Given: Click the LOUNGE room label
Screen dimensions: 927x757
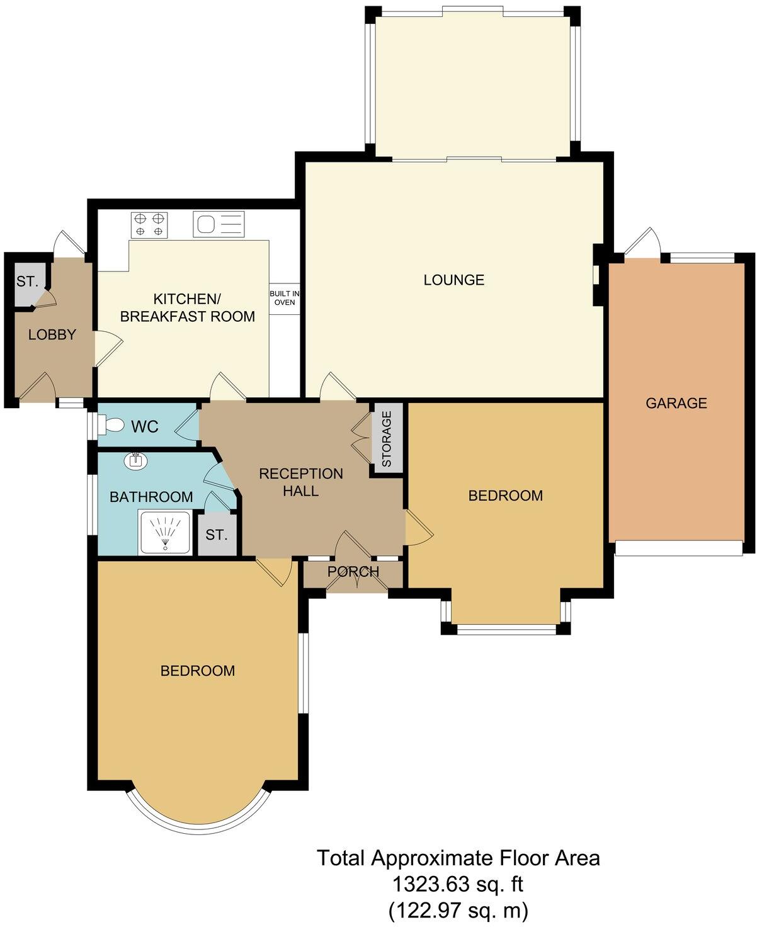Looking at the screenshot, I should (x=453, y=280).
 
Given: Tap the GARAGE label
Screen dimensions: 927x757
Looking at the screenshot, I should (x=676, y=403).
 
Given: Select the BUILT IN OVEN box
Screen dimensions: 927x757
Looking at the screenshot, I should (x=284, y=298).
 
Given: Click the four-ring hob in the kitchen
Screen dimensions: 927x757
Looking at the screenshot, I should (x=150, y=224).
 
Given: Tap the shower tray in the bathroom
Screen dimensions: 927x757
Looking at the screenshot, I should (x=164, y=533).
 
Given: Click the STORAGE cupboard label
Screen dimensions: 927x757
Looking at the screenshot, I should (x=387, y=438).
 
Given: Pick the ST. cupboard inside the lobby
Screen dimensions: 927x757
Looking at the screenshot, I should (x=27, y=282).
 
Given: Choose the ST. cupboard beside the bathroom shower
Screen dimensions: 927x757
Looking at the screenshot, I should (x=216, y=535).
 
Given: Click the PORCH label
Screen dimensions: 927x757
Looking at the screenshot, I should (x=353, y=572).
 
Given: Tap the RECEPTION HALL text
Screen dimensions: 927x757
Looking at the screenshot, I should (x=301, y=482).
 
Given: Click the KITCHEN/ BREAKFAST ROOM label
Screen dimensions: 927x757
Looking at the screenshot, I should (x=188, y=307).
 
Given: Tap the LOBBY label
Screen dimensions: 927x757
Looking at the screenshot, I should (x=52, y=335).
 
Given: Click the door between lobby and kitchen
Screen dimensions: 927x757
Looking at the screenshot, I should (x=106, y=348).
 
